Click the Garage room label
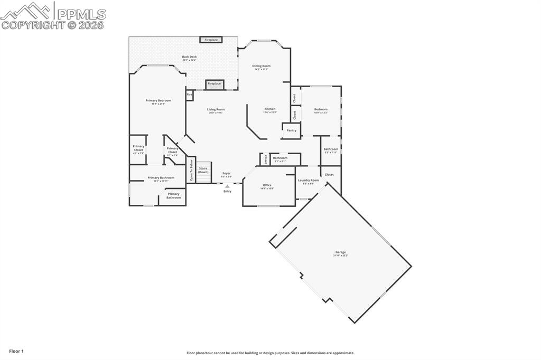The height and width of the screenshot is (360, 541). coord(340,253)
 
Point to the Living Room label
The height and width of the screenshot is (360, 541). coord(216,110)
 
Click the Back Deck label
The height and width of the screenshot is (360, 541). coord(189,58)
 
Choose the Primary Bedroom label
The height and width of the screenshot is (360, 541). coord(158,101)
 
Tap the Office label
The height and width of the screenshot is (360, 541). coord(267,186)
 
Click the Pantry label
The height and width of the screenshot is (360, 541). coord(291,130)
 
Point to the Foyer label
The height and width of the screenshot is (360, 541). coord(226,174)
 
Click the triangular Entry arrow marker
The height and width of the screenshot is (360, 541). coord(227,186)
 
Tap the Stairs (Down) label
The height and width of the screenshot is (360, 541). coord(203,170)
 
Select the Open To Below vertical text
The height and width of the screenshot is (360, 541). coord(191,171)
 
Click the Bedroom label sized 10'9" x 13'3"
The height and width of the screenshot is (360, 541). coord(321,110)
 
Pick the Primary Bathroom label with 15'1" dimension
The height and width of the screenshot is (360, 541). coord(161,178)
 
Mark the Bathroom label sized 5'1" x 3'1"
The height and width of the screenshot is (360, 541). coord(280,158)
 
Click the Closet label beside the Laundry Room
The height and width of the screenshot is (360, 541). coord(329,174)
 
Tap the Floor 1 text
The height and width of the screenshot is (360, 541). coord(16,351)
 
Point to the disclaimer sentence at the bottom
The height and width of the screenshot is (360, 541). coord(270,353)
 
